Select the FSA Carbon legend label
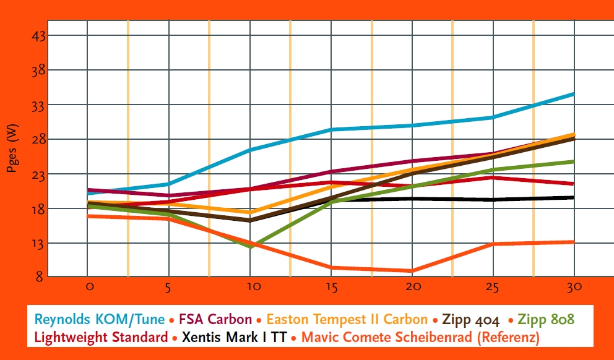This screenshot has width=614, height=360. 215,319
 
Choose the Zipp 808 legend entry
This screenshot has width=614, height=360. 544,319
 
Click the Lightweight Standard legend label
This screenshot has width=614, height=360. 101,338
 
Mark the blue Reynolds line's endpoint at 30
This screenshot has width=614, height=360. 574,94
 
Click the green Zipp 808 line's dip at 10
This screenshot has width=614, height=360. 251,246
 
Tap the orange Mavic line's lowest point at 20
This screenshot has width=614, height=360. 412,271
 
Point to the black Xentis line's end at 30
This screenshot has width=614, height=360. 574,197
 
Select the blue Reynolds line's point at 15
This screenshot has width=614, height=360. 332,129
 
